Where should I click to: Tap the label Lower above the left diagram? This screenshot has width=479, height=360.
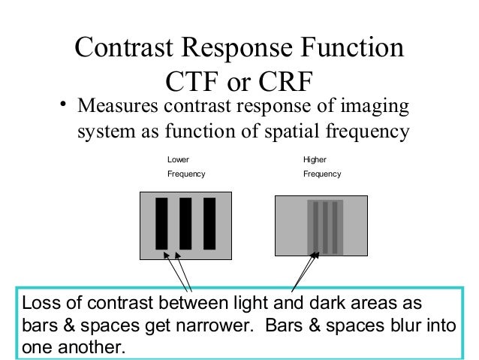(x=178, y=159)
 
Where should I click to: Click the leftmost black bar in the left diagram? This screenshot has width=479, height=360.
(x=161, y=223)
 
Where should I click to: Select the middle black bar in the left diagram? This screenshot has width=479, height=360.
(x=185, y=223)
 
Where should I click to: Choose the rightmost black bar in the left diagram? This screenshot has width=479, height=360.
(x=209, y=223)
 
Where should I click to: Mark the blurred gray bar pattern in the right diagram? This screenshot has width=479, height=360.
(x=325, y=225)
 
